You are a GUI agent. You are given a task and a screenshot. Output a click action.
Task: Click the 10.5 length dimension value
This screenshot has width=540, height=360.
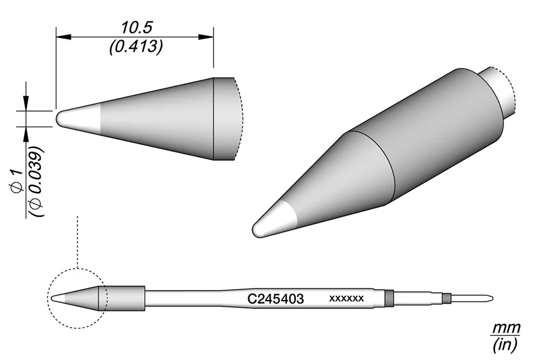(136, 28)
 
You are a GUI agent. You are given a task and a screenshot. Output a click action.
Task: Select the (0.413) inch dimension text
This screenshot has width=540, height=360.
(136, 47)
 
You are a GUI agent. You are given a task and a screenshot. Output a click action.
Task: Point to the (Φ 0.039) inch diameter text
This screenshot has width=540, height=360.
(36, 182)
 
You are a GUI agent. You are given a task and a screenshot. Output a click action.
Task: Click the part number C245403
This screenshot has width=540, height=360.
(275, 299)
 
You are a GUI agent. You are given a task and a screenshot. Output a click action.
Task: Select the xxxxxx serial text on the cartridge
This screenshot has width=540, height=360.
(346, 298)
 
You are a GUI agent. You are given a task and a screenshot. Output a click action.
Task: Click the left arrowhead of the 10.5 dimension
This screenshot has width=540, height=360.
(64, 36)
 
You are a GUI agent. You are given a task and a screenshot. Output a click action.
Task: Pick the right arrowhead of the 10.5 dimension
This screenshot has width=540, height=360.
(206, 36)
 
